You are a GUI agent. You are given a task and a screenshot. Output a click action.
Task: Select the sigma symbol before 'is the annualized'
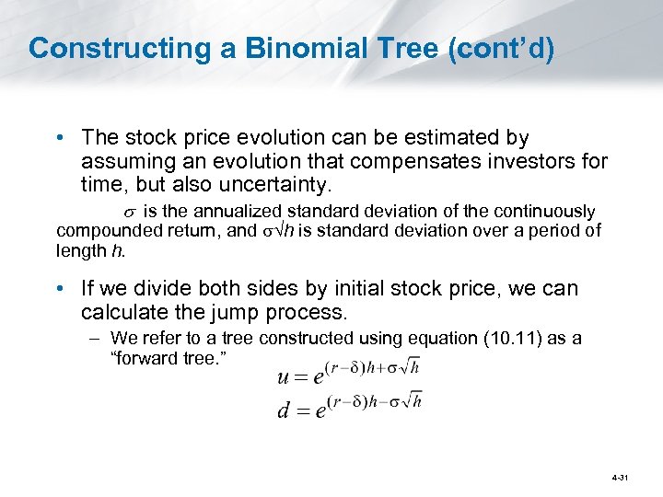[x=154, y=213]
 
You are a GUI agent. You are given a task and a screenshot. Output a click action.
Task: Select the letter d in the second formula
[x=285, y=410]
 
